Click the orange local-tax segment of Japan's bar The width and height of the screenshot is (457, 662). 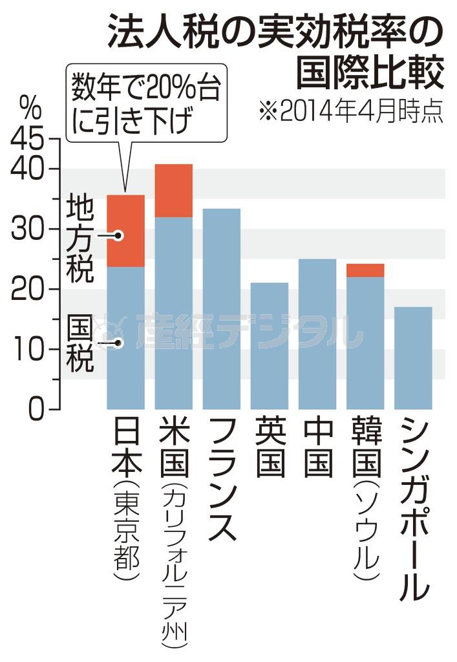[x=125, y=230]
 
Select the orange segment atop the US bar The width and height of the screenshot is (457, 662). [x=174, y=191]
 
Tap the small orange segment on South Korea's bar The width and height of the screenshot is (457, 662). [x=365, y=270]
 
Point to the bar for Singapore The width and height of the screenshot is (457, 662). [x=413, y=358]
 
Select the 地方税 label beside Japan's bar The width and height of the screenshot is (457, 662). [x=81, y=239]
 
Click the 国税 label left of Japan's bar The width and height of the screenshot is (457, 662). [x=81, y=343]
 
